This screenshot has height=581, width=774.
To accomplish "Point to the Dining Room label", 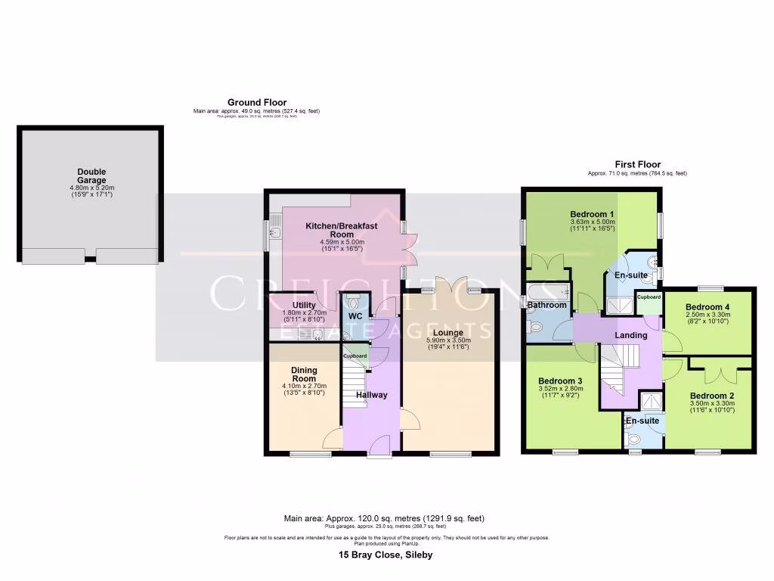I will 303,374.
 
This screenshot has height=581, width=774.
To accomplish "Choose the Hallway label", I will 371,395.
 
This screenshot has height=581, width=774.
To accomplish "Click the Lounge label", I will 450,332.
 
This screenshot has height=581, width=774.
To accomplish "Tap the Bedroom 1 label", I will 591,214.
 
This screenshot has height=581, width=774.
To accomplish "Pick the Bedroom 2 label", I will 711,396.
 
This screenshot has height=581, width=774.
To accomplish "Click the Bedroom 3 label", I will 560,381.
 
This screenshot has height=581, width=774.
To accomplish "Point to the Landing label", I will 631,335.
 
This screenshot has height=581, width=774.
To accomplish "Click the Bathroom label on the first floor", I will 546,306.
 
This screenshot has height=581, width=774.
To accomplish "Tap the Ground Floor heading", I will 256,102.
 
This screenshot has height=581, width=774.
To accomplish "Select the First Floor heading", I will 637,164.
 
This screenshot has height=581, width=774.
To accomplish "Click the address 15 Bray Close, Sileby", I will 385,555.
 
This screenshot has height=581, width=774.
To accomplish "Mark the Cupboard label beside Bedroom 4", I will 648,297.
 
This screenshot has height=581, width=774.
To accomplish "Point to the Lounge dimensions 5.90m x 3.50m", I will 450,340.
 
